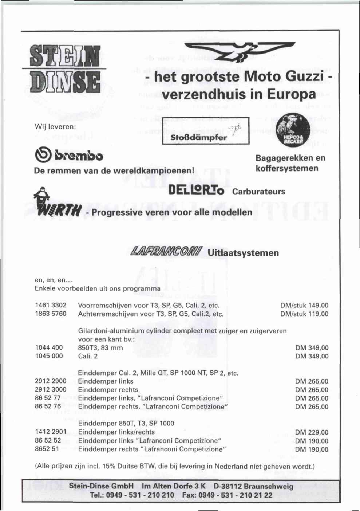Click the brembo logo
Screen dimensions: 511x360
pos(69,157)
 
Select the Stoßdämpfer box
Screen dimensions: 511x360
pos(205,132)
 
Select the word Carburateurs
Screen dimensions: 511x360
pos(258,192)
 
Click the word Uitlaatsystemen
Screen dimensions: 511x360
pos(244,253)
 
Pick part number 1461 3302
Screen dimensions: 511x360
pos(51,305)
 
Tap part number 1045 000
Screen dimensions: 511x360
pos(49,356)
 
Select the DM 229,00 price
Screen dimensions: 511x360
pos(312,432)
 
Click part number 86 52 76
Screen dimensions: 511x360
pos(48,406)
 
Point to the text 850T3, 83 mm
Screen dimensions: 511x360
pos(100,347)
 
